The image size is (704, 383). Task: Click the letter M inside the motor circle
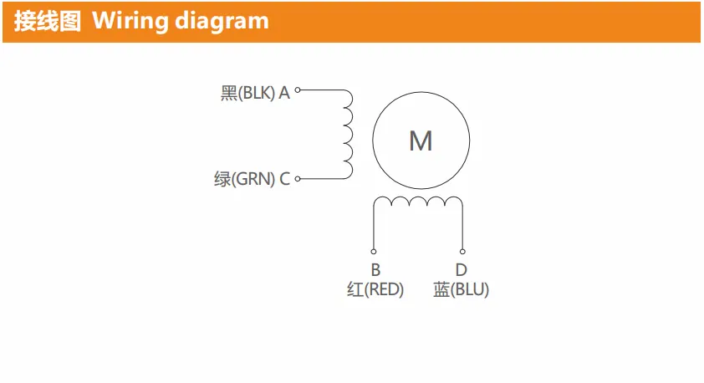[x=421, y=140]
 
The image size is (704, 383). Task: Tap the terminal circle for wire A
[x=297, y=90]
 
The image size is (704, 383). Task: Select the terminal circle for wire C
[x=297, y=179]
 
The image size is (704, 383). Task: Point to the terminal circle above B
[x=374, y=252]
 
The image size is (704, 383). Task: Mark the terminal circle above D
[x=462, y=252]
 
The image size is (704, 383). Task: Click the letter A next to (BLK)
[x=284, y=93]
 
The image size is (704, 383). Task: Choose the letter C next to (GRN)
[x=284, y=179]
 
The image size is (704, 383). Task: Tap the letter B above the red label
[x=375, y=270]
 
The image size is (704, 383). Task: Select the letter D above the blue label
[x=461, y=270]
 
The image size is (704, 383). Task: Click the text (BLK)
[x=256, y=93]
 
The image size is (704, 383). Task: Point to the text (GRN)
[x=253, y=179]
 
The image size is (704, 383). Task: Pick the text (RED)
[x=384, y=289]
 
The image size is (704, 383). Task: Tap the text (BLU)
[x=469, y=289]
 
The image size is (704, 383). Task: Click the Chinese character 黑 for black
[x=229, y=93]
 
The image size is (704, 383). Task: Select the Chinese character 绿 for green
[x=222, y=179]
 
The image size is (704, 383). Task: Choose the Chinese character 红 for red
[x=355, y=289]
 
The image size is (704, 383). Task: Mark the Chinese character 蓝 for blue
[x=441, y=289]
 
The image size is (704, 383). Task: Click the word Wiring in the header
[x=130, y=22]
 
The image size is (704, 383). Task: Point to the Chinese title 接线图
[x=47, y=21]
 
